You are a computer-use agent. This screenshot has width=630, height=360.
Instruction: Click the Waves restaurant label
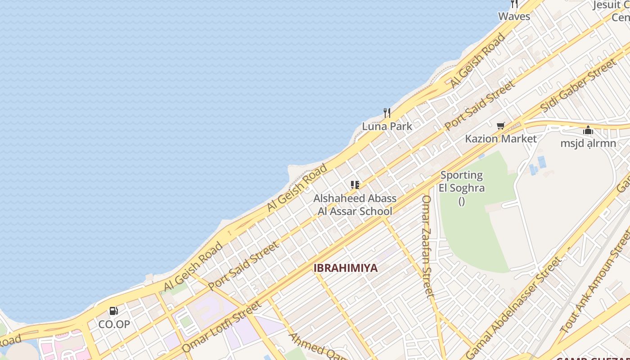click(514, 16)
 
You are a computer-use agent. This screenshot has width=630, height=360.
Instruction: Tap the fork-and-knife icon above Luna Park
click(387, 112)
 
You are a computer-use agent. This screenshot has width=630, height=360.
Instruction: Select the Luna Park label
click(387, 126)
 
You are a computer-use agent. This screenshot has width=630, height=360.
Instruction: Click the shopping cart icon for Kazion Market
click(501, 126)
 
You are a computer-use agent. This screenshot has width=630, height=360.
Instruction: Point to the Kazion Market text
click(501, 138)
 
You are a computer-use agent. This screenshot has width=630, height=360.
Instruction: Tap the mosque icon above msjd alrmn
click(588, 130)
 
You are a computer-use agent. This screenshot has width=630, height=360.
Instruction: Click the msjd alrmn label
click(588, 143)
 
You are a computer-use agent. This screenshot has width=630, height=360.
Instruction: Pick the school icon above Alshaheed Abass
click(355, 184)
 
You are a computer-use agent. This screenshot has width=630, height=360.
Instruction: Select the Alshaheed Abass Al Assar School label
click(355, 205)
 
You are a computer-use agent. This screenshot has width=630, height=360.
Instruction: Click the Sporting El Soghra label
click(462, 181)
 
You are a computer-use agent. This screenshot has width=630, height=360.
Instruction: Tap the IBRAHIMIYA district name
click(346, 268)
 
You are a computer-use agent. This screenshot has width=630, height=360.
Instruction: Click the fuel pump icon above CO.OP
click(114, 310)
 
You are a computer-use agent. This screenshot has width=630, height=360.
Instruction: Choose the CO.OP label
click(114, 324)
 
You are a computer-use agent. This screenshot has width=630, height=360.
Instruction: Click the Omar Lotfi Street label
click(221, 327)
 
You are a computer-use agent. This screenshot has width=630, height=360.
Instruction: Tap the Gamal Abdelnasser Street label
click(514, 307)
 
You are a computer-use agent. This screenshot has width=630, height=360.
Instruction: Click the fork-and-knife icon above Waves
click(514, 4)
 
